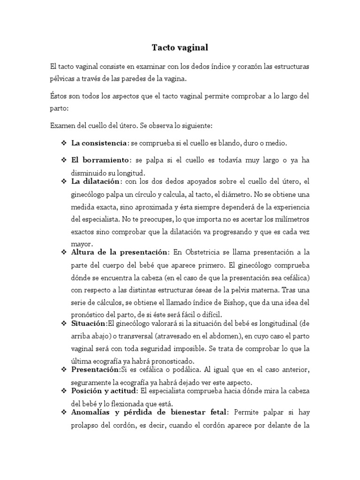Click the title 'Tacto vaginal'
(x=180, y=48)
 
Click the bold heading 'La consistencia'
(x=99, y=142)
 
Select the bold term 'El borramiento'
(x=100, y=160)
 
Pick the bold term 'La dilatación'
(x=97, y=181)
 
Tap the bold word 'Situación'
(x=89, y=323)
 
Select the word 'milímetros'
(x=291, y=219)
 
